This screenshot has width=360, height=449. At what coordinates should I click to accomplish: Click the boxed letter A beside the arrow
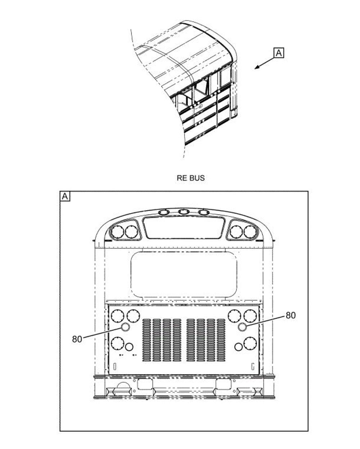tap(279, 53)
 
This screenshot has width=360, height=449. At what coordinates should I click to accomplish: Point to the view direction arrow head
tap(257, 67)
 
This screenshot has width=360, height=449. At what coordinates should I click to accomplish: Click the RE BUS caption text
tap(191, 178)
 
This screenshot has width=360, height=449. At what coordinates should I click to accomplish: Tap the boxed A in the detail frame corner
tap(65, 196)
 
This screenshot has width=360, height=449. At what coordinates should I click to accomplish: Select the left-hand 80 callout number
tap(77, 339)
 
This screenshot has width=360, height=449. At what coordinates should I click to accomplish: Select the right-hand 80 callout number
tap(291, 315)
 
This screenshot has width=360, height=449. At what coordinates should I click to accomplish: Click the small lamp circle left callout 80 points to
tap(126, 327)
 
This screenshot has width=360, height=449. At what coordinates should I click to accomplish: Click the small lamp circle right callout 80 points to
tap(242, 327)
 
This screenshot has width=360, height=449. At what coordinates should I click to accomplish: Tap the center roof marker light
tap(183, 212)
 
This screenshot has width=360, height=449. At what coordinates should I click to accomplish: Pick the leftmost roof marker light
tap(164, 212)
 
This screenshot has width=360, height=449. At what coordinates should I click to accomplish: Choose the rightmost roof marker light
tap(203, 212)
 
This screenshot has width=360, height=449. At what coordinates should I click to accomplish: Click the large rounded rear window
tap(184, 275)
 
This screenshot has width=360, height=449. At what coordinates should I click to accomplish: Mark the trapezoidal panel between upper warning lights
tap(184, 228)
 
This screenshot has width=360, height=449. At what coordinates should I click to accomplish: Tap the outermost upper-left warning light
tap(117, 232)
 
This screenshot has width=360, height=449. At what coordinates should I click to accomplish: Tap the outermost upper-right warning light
tap(250, 232)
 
